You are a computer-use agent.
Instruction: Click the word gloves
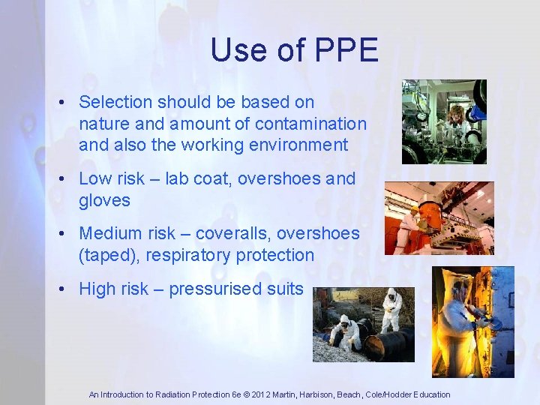click(104, 200)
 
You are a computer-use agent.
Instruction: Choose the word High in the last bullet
click(98, 289)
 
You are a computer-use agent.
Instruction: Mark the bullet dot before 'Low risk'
click(66, 179)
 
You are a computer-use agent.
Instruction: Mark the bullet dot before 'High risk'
click(66, 289)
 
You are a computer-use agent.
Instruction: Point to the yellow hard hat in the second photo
click(415, 208)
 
